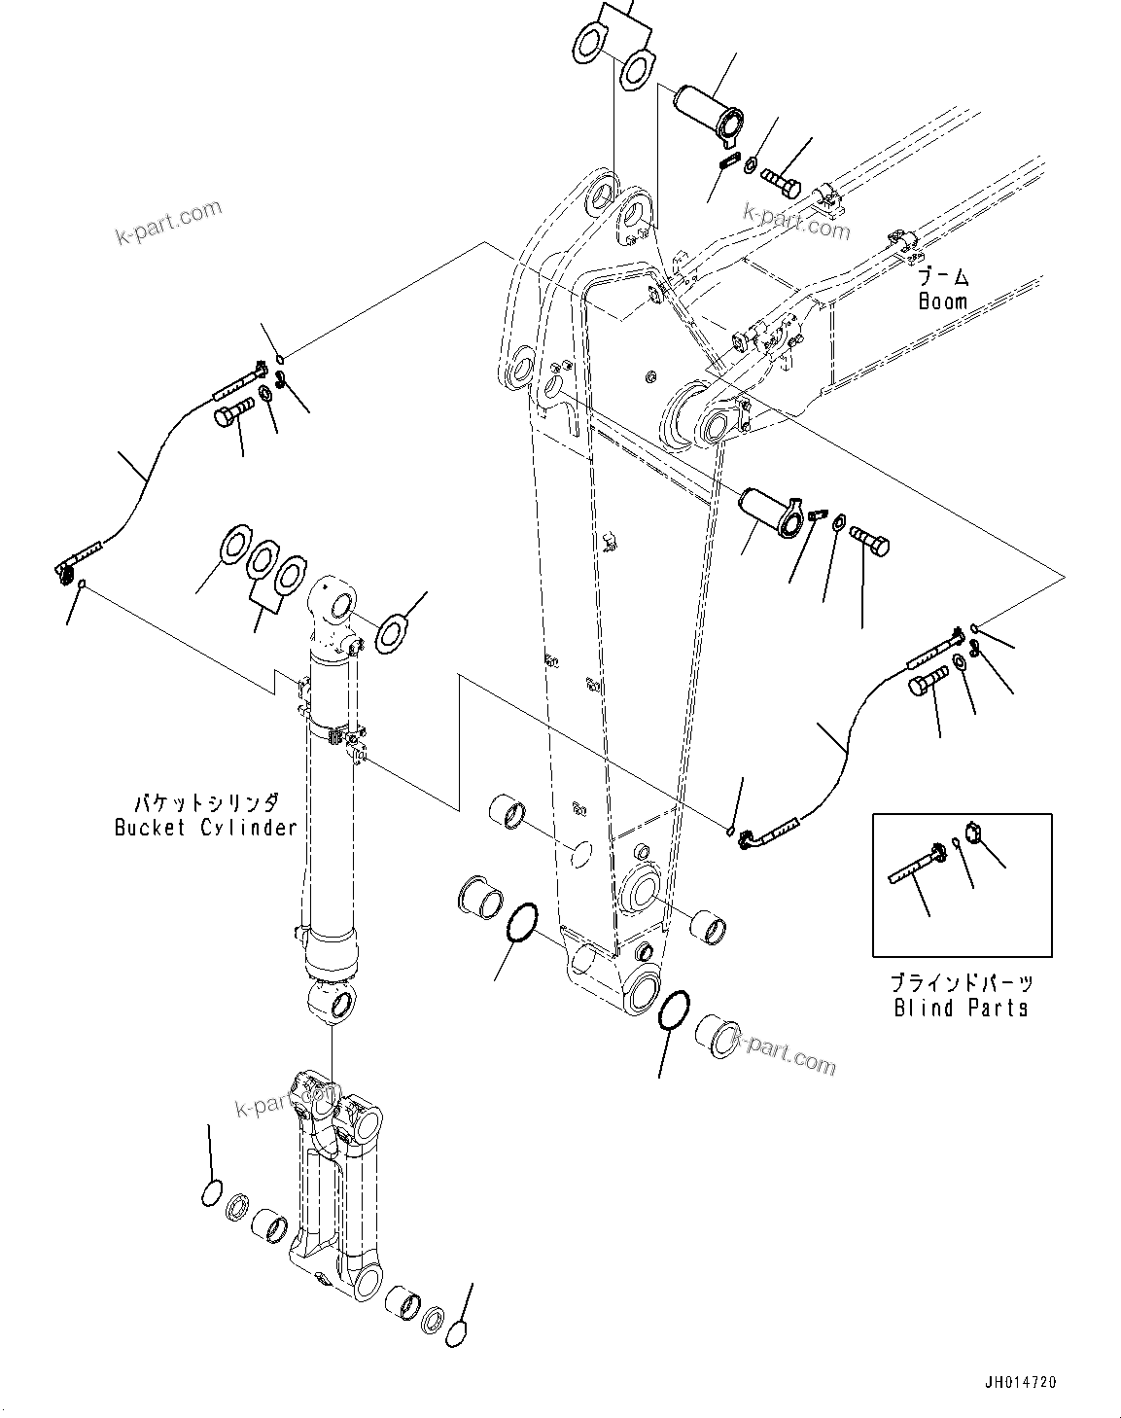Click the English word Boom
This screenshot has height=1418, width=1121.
942,301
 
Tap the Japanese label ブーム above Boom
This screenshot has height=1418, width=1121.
943,277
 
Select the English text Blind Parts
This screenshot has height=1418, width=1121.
961,1008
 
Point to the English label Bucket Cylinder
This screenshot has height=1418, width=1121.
205,828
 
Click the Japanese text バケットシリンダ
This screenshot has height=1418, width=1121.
206,803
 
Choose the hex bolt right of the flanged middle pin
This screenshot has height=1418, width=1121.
869,540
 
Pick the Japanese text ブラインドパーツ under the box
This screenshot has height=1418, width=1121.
962,983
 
